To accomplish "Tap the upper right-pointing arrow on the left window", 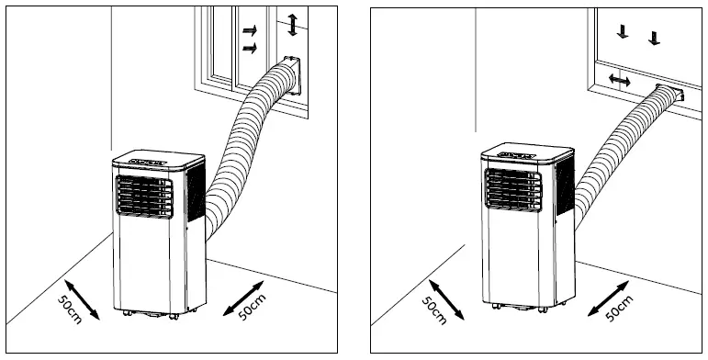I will [249, 31].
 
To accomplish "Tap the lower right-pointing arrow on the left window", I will [249, 47].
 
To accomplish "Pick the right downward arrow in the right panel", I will [654, 38].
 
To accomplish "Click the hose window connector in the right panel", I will [669, 95].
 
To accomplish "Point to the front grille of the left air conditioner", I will [145, 196].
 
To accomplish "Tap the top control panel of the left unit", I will [147, 161].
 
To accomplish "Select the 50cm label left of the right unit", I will [435, 308].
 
